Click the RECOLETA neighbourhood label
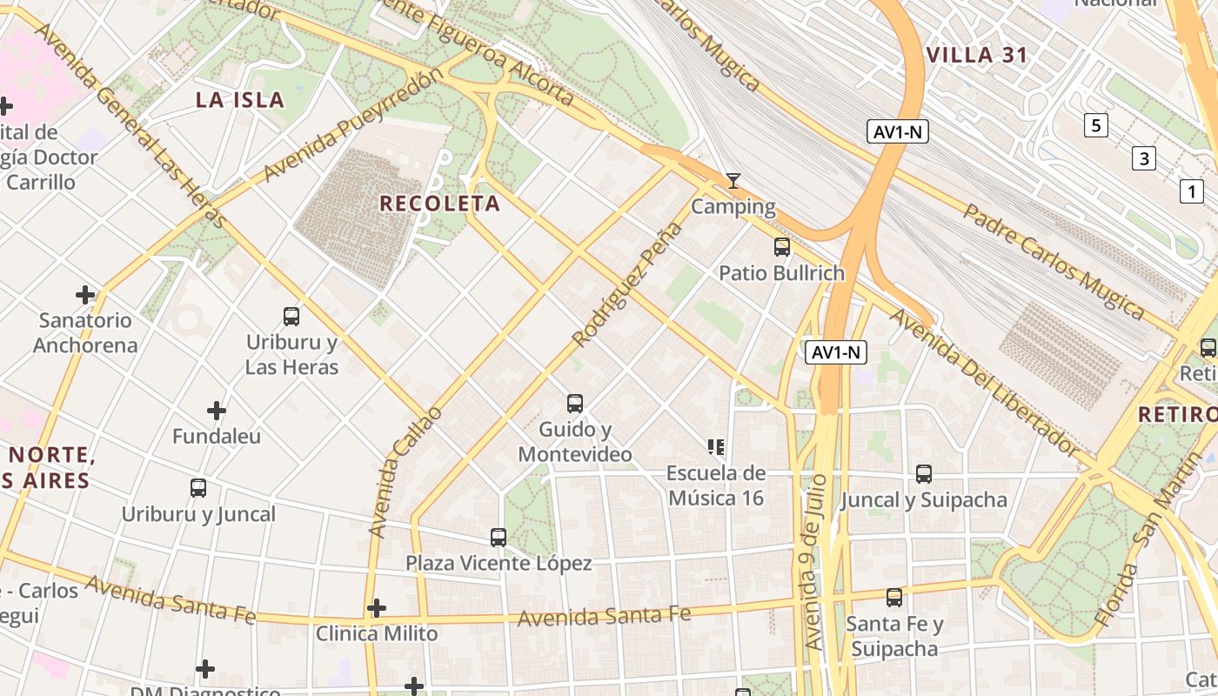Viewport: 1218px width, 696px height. pos(439,204)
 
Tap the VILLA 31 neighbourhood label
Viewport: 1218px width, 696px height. pos(976,56)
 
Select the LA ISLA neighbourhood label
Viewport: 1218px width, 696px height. pos(240,99)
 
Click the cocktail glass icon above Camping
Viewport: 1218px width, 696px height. pos(733,181)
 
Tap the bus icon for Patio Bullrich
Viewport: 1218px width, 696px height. pos(781,247)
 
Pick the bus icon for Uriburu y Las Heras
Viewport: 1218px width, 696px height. pos(291,317)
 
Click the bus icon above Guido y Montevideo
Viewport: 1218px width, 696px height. pos(574,404)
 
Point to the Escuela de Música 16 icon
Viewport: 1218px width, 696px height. pos(716,447)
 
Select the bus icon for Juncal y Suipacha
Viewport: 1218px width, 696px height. pos(923,474)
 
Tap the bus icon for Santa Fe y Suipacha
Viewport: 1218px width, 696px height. pos(893,598)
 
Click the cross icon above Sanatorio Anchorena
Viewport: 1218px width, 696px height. pos(85,295)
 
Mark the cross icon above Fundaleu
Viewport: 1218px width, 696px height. pos(216,410)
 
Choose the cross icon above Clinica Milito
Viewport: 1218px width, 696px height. pos(376,607)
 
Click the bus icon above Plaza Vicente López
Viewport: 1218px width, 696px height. pos(498,538)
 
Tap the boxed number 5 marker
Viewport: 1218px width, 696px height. pos(1095,125)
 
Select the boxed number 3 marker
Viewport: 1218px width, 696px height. pos(1143,158)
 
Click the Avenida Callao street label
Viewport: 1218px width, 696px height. pos(405,470)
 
